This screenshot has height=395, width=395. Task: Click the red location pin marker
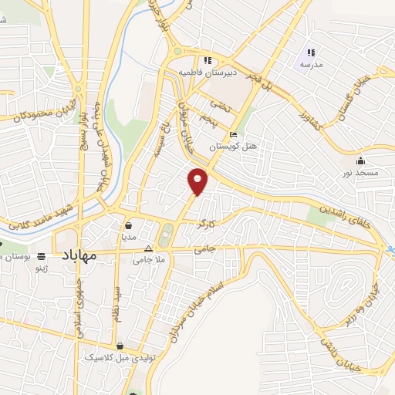click(x=198, y=181)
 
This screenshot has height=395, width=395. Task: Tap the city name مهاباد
click(x=76, y=255)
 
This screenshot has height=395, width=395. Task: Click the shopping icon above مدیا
click(x=129, y=225)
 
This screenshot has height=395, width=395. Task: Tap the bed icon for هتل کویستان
click(x=234, y=134)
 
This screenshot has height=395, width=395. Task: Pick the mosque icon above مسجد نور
click(x=360, y=161)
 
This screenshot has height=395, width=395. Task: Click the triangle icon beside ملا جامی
click(x=150, y=249)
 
